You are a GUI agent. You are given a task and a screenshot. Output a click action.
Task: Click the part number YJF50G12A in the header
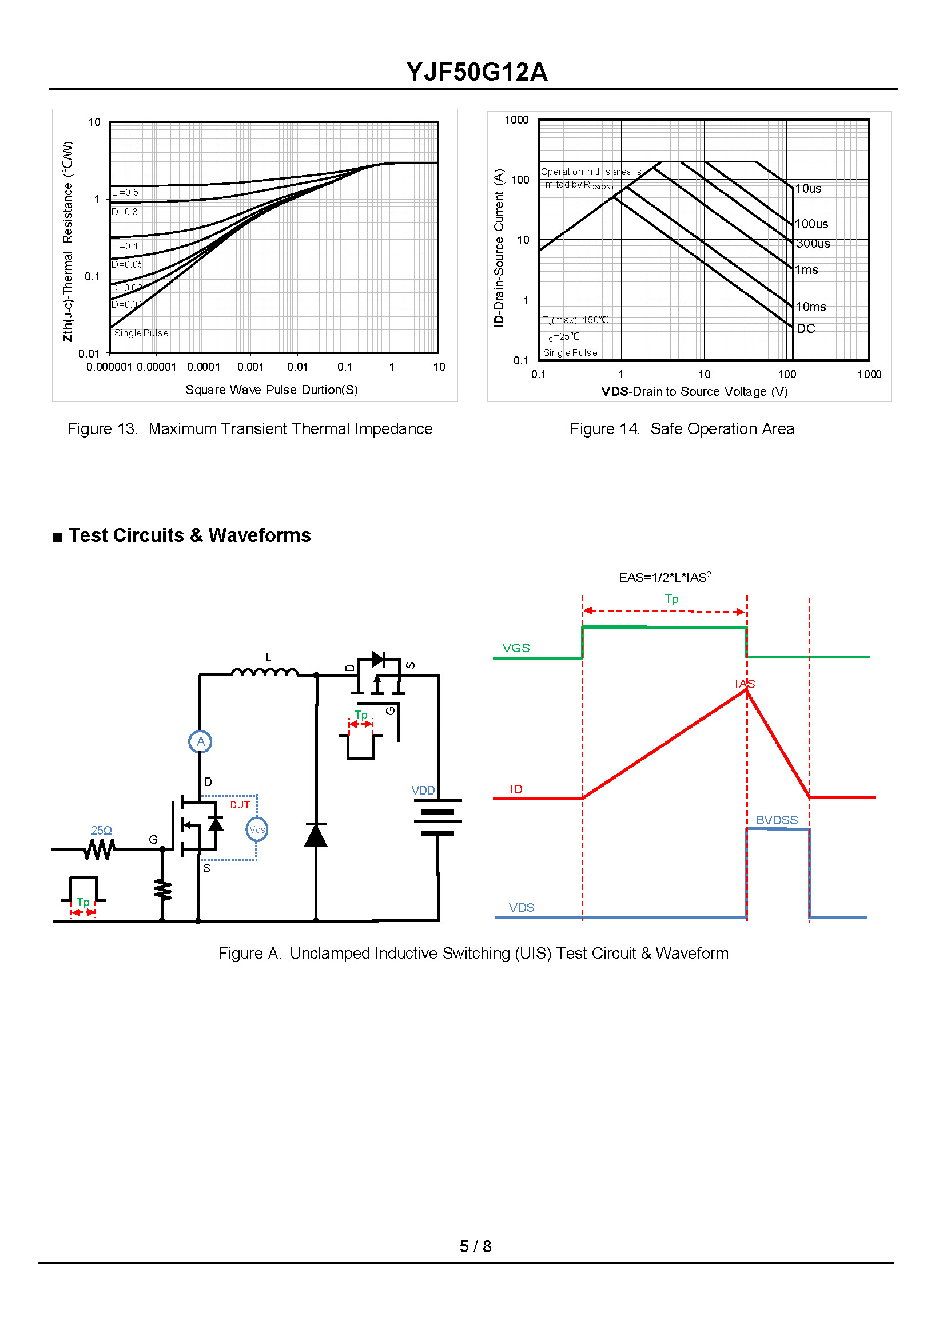coord(476,72)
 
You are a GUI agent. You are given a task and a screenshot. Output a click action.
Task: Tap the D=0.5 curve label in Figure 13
coord(125,192)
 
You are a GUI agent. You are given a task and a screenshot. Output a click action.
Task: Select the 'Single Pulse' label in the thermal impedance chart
coord(141,333)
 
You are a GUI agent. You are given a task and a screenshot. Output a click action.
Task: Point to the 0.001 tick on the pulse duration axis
coord(250,367)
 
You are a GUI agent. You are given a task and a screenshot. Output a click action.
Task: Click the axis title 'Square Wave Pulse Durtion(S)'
coord(271,390)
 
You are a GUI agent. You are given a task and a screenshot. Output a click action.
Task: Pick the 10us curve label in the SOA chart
coord(808,188)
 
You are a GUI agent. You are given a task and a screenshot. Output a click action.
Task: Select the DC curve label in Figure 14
coord(805,328)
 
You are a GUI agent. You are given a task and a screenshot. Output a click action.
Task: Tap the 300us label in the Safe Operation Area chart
coord(813,243)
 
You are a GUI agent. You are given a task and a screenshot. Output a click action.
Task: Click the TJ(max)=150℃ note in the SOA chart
coord(575,320)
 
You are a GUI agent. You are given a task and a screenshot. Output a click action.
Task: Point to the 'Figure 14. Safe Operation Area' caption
coord(682,428)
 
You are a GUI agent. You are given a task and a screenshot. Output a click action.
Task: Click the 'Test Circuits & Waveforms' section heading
coord(189,535)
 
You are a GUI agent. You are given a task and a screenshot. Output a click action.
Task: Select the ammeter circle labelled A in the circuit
coord(200,741)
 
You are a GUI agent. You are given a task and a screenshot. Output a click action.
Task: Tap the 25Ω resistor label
coord(101,830)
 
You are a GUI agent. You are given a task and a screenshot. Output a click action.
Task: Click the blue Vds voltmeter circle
coord(257,829)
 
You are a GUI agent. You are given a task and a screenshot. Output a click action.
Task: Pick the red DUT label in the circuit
coord(240,805)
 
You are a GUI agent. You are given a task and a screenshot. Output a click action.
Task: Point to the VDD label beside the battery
coord(423,791)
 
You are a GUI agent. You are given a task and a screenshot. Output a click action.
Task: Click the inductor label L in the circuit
coord(268,657)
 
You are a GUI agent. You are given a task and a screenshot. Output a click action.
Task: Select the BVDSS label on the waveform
coord(777,820)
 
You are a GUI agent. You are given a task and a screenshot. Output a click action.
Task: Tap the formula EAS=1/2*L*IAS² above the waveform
coord(665,577)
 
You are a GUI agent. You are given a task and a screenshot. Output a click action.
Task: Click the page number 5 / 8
coord(475,1246)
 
